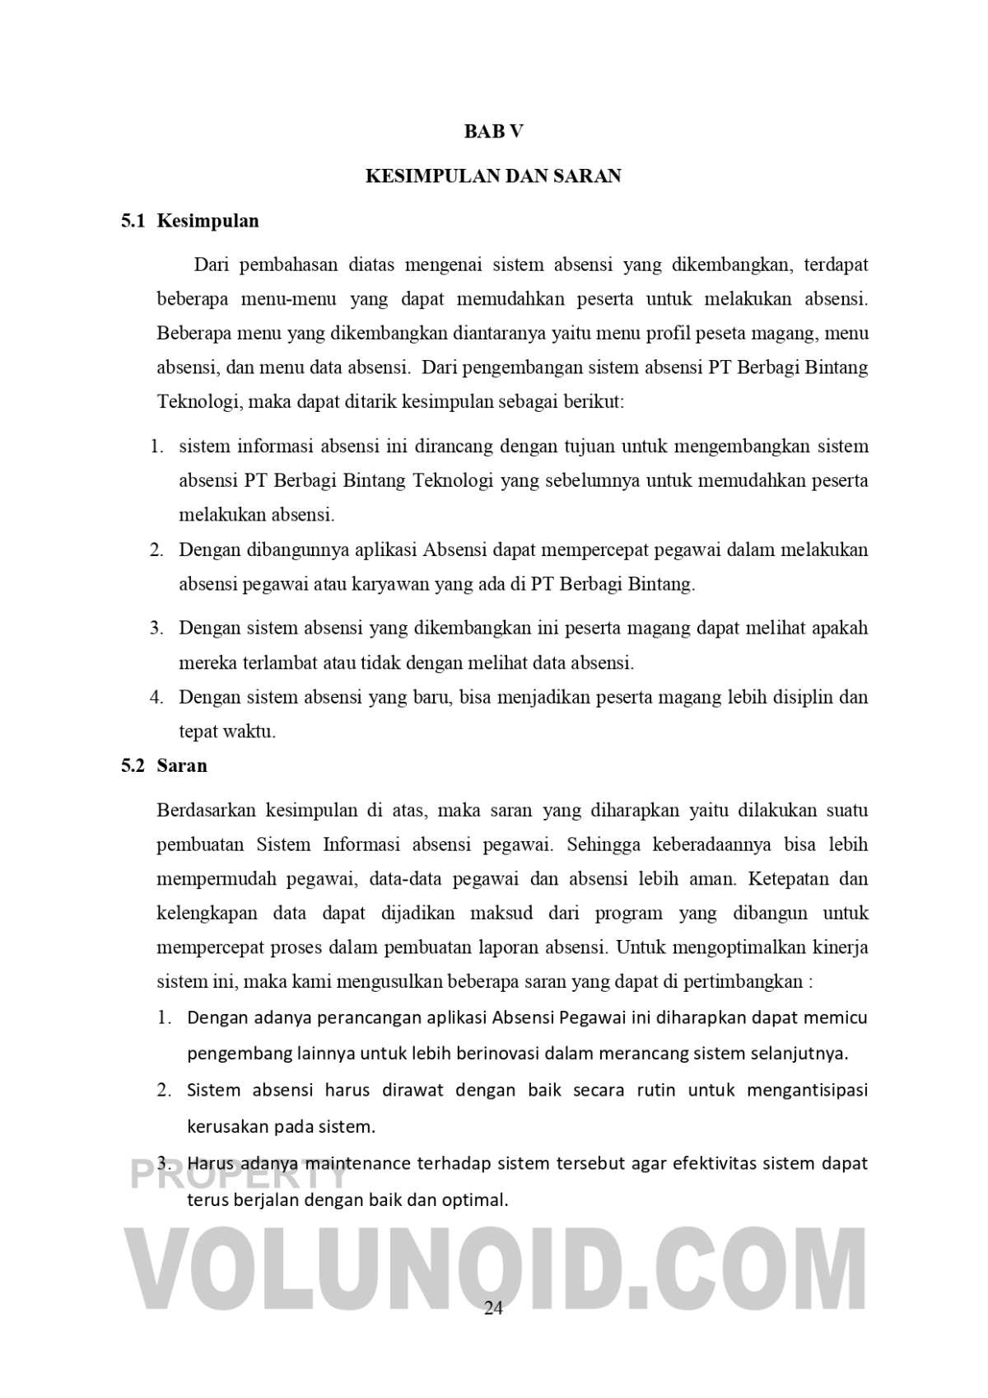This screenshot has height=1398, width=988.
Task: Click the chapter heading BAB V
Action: [x=493, y=131]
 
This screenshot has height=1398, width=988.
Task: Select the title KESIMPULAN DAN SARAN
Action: [x=493, y=175]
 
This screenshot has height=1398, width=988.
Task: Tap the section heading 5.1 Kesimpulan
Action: [x=190, y=220]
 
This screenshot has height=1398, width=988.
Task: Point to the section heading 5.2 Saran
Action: [x=165, y=765]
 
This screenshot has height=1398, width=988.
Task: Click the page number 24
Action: [x=493, y=1308]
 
